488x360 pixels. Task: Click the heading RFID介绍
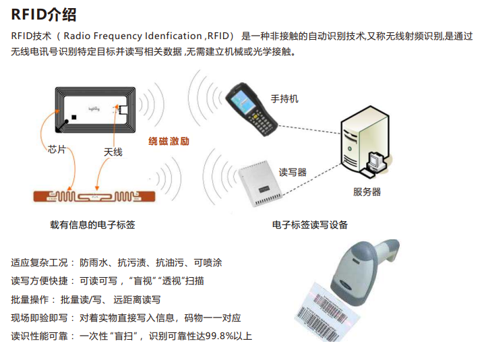click(44, 14)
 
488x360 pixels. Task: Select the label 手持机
click(284, 99)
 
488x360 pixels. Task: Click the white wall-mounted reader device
click(260, 183)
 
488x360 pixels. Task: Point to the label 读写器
click(293, 172)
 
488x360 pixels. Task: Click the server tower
click(365, 140)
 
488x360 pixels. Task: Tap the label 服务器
click(367, 191)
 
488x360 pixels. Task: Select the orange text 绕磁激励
click(169, 142)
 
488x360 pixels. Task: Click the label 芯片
click(57, 150)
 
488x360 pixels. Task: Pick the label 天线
click(113, 152)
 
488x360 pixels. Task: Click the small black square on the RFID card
click(73, 117)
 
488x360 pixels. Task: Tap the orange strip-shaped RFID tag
click(94, 197)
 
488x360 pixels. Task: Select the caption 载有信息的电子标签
click(92, 224)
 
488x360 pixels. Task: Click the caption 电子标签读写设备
click(309, 224)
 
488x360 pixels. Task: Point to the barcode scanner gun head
click(348, 274)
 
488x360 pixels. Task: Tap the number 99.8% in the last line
click(220, 336)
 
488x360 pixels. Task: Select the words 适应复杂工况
click(39, 263)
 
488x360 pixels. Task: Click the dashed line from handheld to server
click(309, 129)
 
